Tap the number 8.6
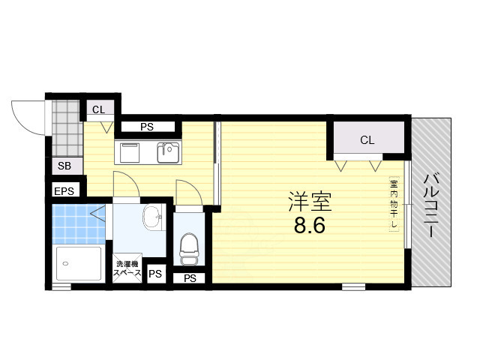click(x=309, y=225)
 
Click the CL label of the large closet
click(x=367, y=140)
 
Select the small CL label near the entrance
click(x=99, y=110)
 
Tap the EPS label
click(x=64, y=191)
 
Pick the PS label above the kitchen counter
click(x=146, y=127)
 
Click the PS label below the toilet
click(x=190, y=278)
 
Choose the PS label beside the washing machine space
click(x=154, y=274)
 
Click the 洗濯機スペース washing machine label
click(x=127, y=268)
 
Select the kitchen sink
click(x=167, y=152)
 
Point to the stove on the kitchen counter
click(x=129, y=152)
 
